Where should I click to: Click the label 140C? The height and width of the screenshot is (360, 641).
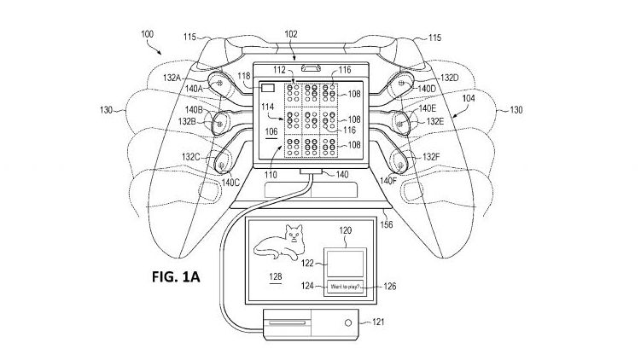point(231,183)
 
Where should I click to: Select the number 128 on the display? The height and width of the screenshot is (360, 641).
point(275,278)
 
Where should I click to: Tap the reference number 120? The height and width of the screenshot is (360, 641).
point(346,230)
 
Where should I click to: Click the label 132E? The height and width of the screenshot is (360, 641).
point(434,122)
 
